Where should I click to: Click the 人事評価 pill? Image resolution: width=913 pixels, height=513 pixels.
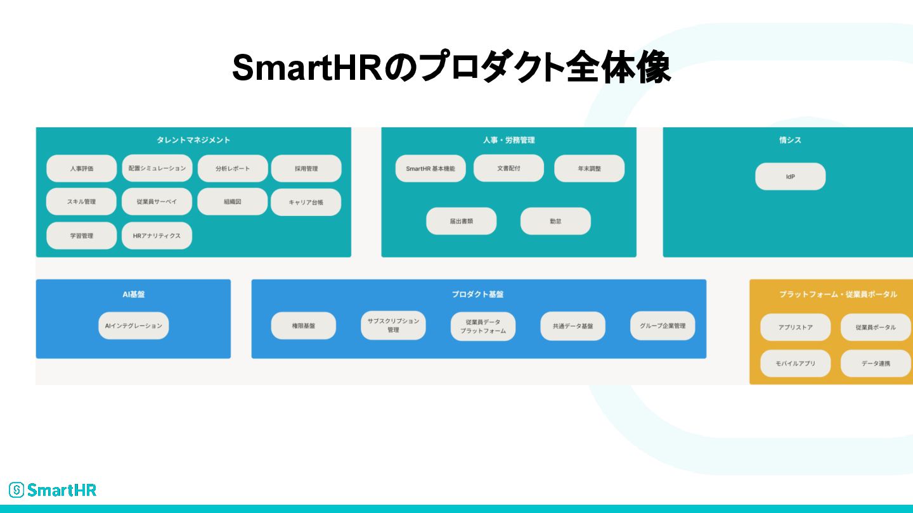pyautogui.click(x=81, y=168)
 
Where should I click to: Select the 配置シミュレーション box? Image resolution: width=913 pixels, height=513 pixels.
pyautogui.click(x=157, y=168)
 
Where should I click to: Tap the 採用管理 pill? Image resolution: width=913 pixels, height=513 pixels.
pyautogui.click(x=306, y=168)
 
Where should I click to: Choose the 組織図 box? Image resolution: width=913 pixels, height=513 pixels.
pyautogui.click(x=232, y=201)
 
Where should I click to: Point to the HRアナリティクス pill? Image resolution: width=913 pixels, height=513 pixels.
pyautogui.click(x=157, y=236)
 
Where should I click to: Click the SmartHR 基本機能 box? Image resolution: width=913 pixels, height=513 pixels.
pyautogui.click(x=431, y=168)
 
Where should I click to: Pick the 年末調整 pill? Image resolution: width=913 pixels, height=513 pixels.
pyautogui.click(x=589, y=168)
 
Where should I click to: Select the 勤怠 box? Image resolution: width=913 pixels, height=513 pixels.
pyautogui.click(x=555, y=221)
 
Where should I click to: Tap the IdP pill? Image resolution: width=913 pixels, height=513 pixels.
pyautogui.click(x=790, y=177)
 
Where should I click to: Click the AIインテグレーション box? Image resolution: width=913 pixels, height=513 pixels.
pyautogui.click(x=134, y=326)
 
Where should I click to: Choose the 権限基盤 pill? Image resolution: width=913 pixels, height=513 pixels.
pyautogui.click(x=303, y=326)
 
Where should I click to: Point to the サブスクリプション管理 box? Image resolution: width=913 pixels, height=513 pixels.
pyautogui.click(x=393, y=326)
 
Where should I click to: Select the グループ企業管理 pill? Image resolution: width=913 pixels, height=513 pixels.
pyautogui.click(x=663, y=326)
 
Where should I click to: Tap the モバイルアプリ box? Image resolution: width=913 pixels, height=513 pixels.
pyautogui.click(x=795, y=364)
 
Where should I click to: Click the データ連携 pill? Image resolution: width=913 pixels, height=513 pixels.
pyautogui.click(x=876, y=364)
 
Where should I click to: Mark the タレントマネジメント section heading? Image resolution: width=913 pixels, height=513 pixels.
pyautogui.click(x=193, y=140)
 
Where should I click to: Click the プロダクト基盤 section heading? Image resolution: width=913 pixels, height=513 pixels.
pyautogui.click(x=478, y=294)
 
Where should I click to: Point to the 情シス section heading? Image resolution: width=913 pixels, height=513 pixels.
pyautogui.click(x=790, y=140)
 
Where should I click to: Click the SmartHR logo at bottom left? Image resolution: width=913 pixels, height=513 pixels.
pyautogui.click(x=53, y=490)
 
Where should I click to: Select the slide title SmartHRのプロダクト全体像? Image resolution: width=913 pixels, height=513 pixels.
pyautogui.click(x=451, y=68)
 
